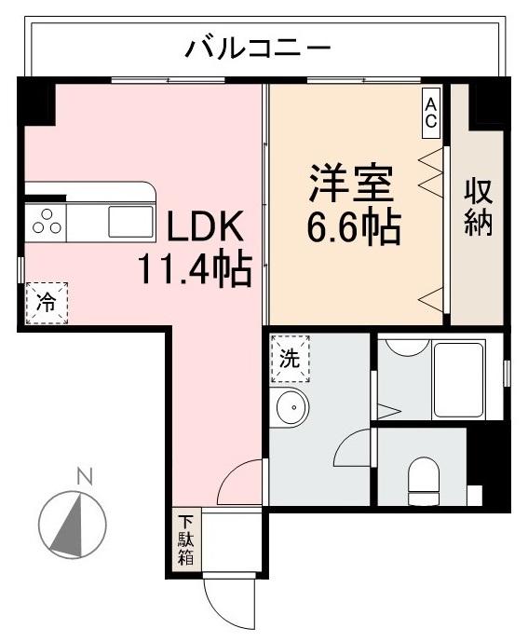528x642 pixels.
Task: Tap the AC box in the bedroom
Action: [432, 111]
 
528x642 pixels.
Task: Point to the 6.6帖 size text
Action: [355, 226]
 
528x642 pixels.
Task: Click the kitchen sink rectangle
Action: [130, 222]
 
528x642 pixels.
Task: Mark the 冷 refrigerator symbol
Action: [46, 301]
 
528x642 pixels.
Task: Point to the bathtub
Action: [458, 380]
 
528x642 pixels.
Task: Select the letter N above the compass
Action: [85, 478]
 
